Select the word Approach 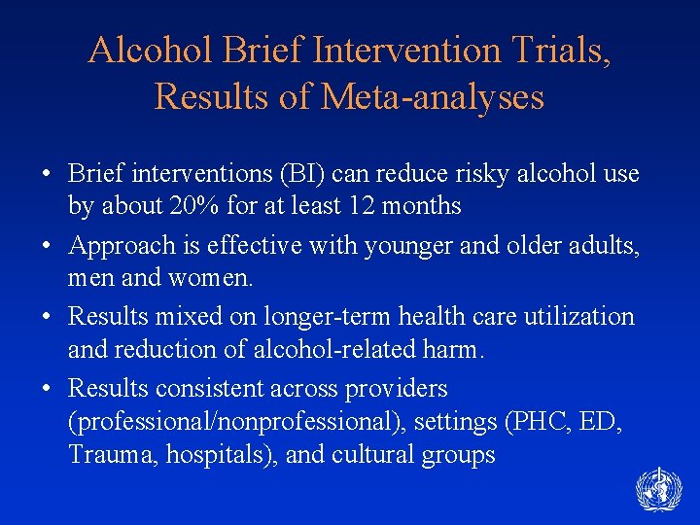point(114,247)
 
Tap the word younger point(409,247)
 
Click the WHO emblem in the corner point(658,490)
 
